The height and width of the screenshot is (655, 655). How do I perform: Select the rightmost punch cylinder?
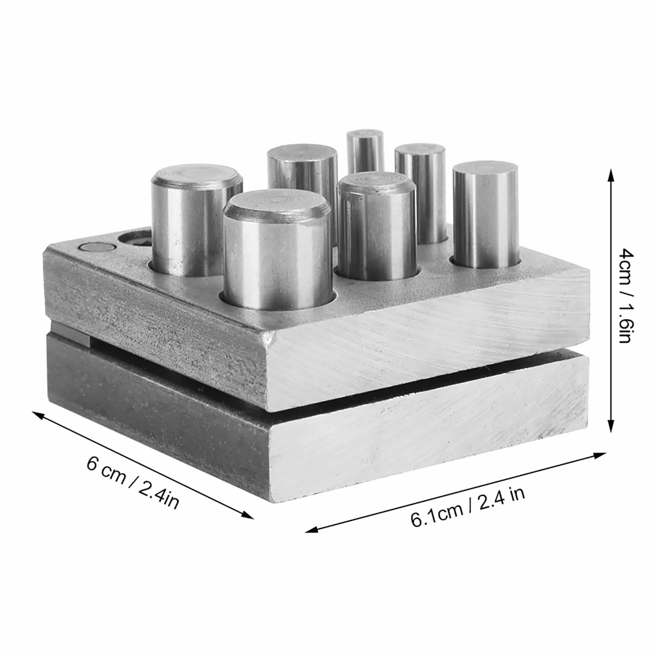click(x=486, y=215)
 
